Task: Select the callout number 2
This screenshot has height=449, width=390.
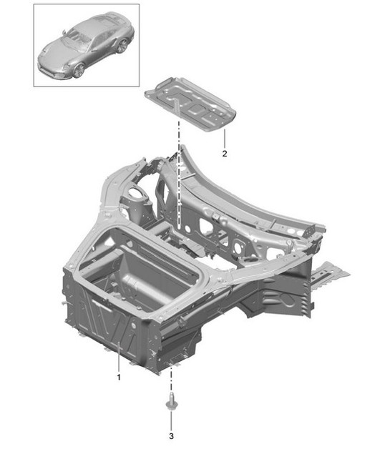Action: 224,154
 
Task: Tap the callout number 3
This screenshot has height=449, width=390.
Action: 172,434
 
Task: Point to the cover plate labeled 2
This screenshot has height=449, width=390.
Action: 191,107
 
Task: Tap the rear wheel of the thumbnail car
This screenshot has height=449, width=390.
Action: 122,46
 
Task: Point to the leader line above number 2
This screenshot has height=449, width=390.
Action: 224,140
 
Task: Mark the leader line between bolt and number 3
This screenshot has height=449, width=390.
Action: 172,419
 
